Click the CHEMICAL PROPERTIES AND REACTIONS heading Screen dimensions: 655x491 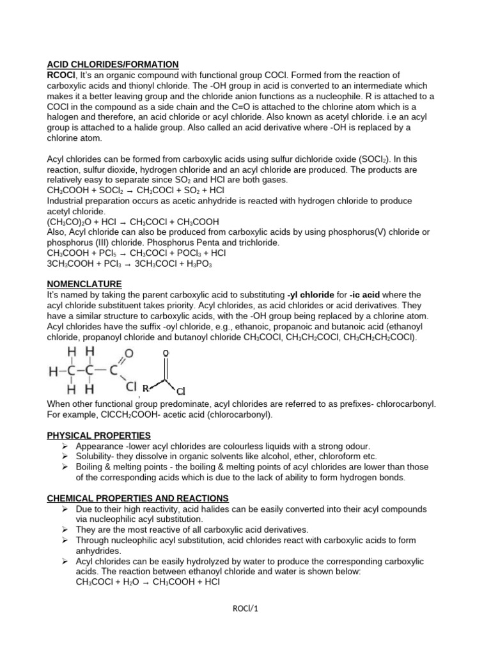point(138,498)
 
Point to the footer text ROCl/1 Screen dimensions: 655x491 point(246,608)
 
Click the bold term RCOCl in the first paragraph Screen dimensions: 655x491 point(62,75)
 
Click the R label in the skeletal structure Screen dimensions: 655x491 point(145,388)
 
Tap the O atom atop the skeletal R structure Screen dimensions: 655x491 point(166,352)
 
